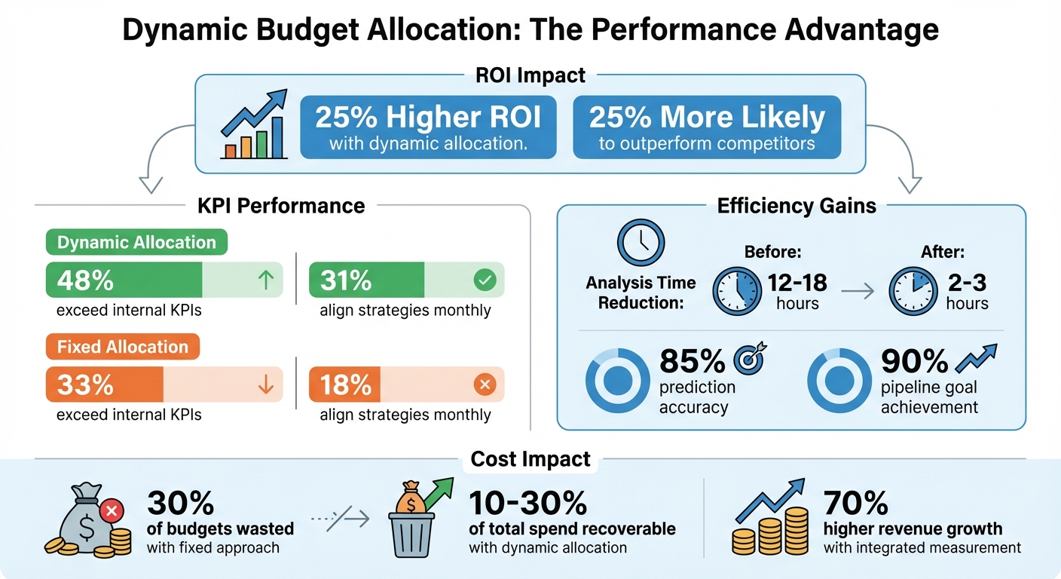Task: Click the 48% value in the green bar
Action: click(x=85, y=280)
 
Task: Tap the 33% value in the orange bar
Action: click(x=85, y=384)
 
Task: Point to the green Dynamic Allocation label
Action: click(x=136, y=243)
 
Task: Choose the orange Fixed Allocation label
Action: click(x=122, y=347)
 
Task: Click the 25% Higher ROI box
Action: click(x=428, y=127)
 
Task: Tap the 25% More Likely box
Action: click(x=706, y=127)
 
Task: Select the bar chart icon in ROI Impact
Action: click(x=253, y=126)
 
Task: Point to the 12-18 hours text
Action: click(x=797, y=291)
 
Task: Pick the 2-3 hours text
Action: click(x=967, y=291)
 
